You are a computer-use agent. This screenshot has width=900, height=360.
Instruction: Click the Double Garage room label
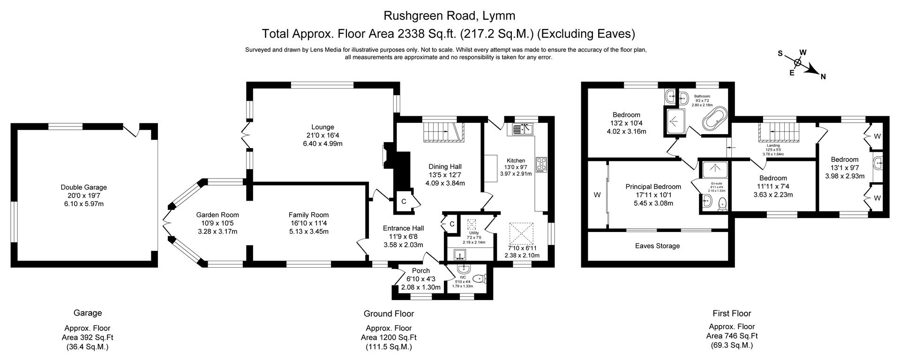[x=84, y=187]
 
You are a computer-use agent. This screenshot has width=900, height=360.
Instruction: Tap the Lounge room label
[x=322, y=127]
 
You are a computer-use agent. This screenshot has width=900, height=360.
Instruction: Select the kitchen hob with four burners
[x=541, y=163]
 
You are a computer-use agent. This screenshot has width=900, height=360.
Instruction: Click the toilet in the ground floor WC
[x=479, y=279]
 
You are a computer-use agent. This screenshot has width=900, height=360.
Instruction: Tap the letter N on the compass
[x=823, y=77]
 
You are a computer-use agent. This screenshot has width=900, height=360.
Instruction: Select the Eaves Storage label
[x=657, y=246]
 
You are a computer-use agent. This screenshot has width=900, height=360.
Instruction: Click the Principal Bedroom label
[x=653, y=187]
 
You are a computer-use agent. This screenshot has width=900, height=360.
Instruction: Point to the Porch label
[x=420, y=270]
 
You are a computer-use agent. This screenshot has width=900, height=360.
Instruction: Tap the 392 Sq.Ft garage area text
[x=88, y=337]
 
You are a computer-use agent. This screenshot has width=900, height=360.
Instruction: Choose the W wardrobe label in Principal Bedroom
[x=597, y=194]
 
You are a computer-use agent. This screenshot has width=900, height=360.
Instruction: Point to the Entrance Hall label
[x=403, y=228]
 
